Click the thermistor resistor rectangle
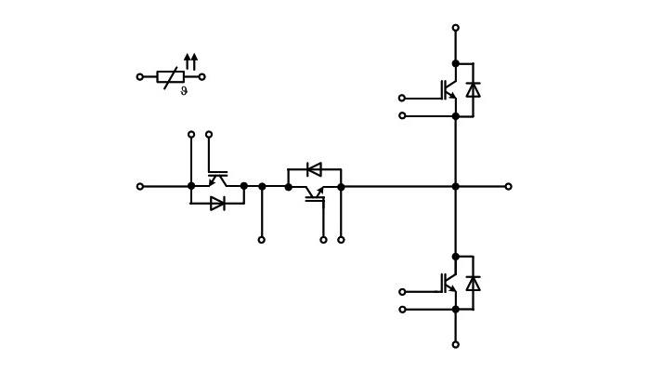(x=170, y=77)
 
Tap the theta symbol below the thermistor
(x=184, y=90)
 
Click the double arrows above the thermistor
(x=190, y=61)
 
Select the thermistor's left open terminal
(x=140, y=77)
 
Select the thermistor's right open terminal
(x=201, y=77)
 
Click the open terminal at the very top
(x=456, y=28)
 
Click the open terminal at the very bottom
(x=456, y=345)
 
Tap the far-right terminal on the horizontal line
(x=508, y=186)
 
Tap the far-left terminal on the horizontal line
(x=140, y=186)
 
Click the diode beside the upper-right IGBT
(x=473, y=89)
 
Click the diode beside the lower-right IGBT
(x=473, y=283)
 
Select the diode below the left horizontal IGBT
(x=217, y=204)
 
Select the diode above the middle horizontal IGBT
(x=314, y=169)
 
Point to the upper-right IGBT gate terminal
(x=402, y=98)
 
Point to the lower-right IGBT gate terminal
(x=402, y=292)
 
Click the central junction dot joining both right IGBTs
(x=456, y=186)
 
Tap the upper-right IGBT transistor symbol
(x=448, y=89)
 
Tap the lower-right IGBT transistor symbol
(x=448, y=283)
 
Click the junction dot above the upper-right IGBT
(x=456, y=63)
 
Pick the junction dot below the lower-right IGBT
(x=456, y=310)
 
